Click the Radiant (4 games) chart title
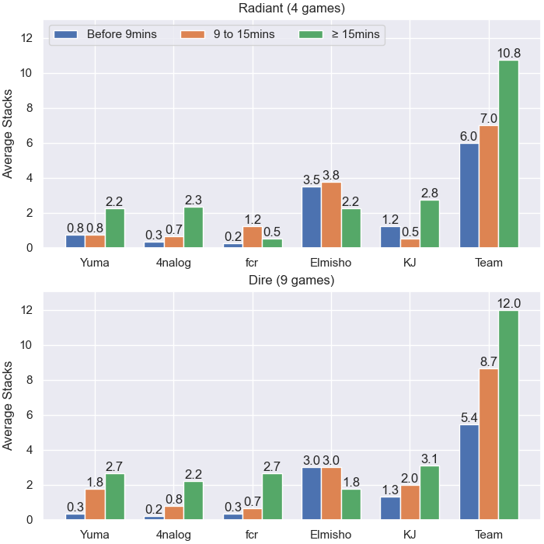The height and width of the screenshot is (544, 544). point(291,8)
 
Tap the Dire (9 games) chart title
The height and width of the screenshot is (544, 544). point(291,280)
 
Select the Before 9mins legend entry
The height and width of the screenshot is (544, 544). point(106,34)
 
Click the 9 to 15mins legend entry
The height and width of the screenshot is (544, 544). point(228,34)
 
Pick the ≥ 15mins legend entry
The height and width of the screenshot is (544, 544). point(340,34)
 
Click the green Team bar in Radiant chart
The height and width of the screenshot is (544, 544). point(508,154)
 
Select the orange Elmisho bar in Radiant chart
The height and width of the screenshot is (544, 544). point(331,215)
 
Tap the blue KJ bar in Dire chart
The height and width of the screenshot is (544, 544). point(390,508)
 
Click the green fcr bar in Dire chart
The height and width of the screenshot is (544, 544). point(272,497)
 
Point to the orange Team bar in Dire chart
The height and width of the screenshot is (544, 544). point(489,444)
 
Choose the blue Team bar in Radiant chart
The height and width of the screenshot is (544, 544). point(469,196)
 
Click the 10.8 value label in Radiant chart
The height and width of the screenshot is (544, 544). point(509,53)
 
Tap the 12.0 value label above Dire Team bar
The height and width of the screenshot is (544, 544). point(509,304)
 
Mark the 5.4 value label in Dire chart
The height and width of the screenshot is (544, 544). point(469,417)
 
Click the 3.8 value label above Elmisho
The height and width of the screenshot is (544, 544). point(331,175)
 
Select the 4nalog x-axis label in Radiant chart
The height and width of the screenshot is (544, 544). point(173,263)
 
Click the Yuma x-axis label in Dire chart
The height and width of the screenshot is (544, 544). point(95,535)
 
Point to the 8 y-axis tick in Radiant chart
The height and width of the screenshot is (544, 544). point(30,108)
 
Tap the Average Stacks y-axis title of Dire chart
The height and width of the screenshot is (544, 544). point(7,406)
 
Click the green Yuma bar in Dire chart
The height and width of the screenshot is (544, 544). point(115,497)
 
